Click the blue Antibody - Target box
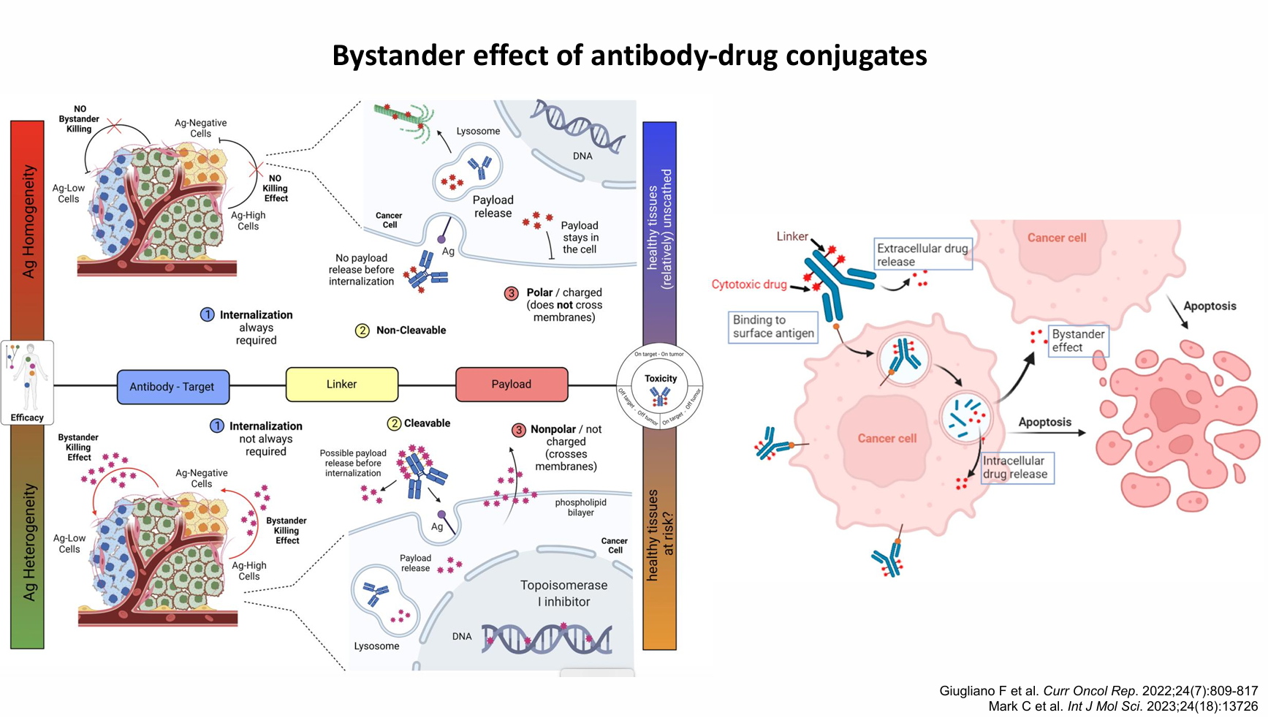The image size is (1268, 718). pyautogui.click(x=172, y=386)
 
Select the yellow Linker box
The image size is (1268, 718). pyautogui.click(x=341, y=385)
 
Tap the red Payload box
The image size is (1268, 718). pyautogui.click(x=511, y=385)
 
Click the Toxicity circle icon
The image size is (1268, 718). pyautogui.click(x=660, y=387)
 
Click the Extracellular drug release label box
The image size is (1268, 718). pyautogui.click(x=922, y=254)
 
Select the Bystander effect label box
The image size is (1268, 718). pyautogui.click(x=1078, y=341)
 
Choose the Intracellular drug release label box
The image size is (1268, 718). pyautogui.click(x=1017, y=467)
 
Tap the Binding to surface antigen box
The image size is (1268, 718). pyautogui.click(x=773, y=327)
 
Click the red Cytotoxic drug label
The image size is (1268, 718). pyautogui.click(x=749, y=284)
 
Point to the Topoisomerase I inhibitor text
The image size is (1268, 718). pyautogui.click(x=563, y=593)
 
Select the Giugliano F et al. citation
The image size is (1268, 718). pyautogui.click(x=1098, y=691)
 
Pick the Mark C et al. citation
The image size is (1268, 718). pyautogui.click(x=1123, y=706)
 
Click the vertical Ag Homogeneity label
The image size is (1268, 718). pyautogui.click(x=29, y=221)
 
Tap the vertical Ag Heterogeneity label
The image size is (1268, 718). pyautogui.click(x=29, y=542)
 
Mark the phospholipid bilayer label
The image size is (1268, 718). pyautogui.click(x=580, y=507)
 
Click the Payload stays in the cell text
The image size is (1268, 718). pyautogui.click(x=580, y=238)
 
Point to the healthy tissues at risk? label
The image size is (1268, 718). pyautogui.click(x=660, y=534)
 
